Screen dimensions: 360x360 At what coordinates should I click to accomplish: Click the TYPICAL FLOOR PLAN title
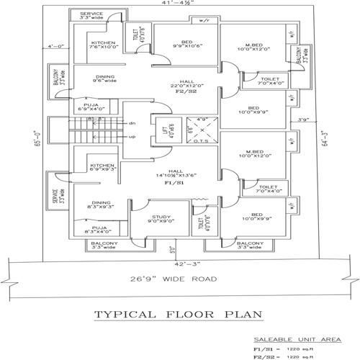click(x=177, y=315)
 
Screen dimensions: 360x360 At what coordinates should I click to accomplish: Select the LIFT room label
click(x=164, y=131)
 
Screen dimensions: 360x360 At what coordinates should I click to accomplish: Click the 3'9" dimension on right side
click(x=302, y=120)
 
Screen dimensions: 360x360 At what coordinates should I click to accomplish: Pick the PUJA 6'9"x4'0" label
click(x=91, y=107)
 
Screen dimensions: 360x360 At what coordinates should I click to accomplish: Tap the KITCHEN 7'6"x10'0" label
click(x=103, y=46)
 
